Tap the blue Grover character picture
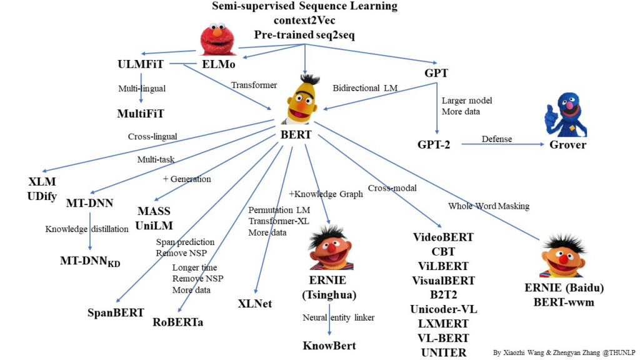(564, 113)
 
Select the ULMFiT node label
(141, 64)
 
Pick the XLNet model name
(255, 304)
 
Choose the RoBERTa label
(178, 322)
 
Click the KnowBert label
(329, 346)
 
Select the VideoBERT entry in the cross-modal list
(444, 237)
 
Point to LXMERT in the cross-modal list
(444, 324)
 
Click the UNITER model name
(444, 352)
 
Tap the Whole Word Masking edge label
(489, 206)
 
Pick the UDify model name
(42, 196)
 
